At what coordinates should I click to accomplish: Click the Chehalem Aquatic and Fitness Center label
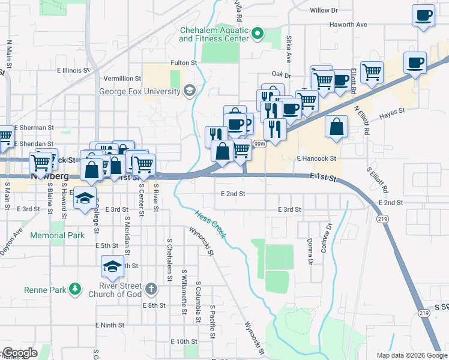[214, 34]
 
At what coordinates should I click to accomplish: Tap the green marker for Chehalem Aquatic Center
[258, 33]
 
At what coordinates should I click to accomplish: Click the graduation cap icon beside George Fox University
[190, 91]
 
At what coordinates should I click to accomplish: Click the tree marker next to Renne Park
[75, 290]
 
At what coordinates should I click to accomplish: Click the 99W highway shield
[259, 144]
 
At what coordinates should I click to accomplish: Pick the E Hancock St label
[316, 158]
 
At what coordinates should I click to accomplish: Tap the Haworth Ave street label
[348, 25]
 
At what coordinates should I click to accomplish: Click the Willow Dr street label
[325, 10]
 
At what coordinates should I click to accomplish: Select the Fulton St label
[184, 62]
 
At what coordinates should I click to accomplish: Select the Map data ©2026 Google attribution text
[412, 355]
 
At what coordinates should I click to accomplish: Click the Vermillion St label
[122, 79]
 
